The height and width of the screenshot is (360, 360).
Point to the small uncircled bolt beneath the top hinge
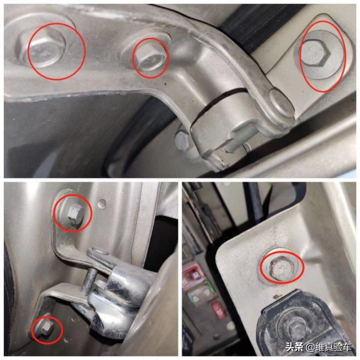click(x=182, y=139)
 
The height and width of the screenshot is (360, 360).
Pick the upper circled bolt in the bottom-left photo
click(x=75, y=214)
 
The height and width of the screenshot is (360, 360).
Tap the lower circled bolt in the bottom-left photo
click(x=46, y=328)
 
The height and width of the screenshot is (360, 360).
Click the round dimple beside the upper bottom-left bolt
click(x=102, y=203)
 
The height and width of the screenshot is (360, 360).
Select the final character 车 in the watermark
click(x=347, y=347)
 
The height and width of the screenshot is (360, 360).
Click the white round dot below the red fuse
click(x=230, y=325)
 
